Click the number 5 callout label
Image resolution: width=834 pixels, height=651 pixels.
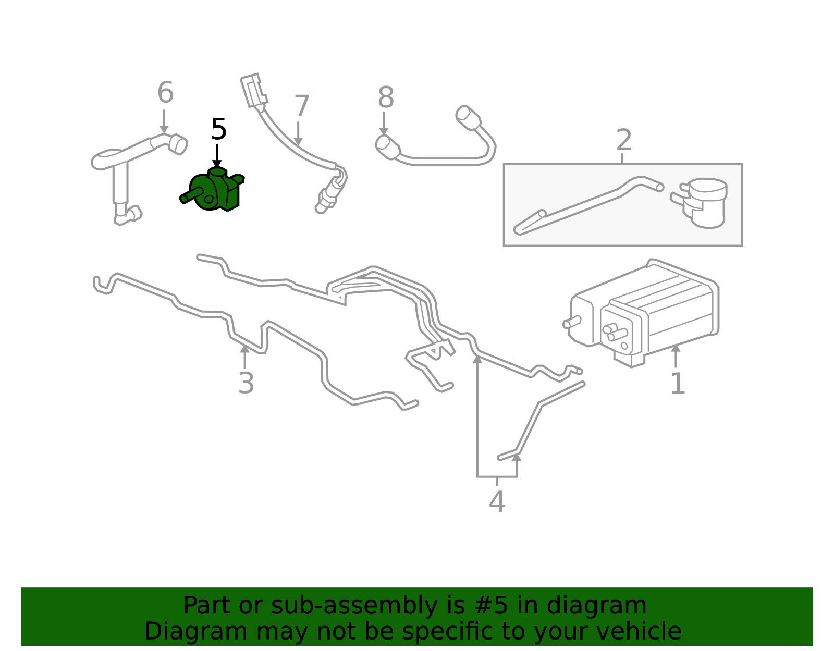pos(218,130)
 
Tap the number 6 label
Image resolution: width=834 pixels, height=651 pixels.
pos(165,93)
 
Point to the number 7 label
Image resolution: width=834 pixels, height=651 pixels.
pos(302,106)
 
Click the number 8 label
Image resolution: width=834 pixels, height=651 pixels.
pos(386,98)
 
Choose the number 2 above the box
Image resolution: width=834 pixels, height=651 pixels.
pos(624,140)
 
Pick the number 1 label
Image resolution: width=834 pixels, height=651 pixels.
pos(677,384)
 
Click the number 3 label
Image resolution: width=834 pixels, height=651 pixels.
pos(246,384)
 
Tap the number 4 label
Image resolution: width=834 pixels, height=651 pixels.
pos(497,502)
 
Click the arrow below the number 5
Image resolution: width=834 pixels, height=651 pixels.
pos(217,157)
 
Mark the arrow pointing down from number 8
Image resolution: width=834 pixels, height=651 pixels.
pos(384,124)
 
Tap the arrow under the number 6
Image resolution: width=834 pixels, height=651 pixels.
pos(164,122)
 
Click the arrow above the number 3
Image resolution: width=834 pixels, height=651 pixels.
pos(244,357)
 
